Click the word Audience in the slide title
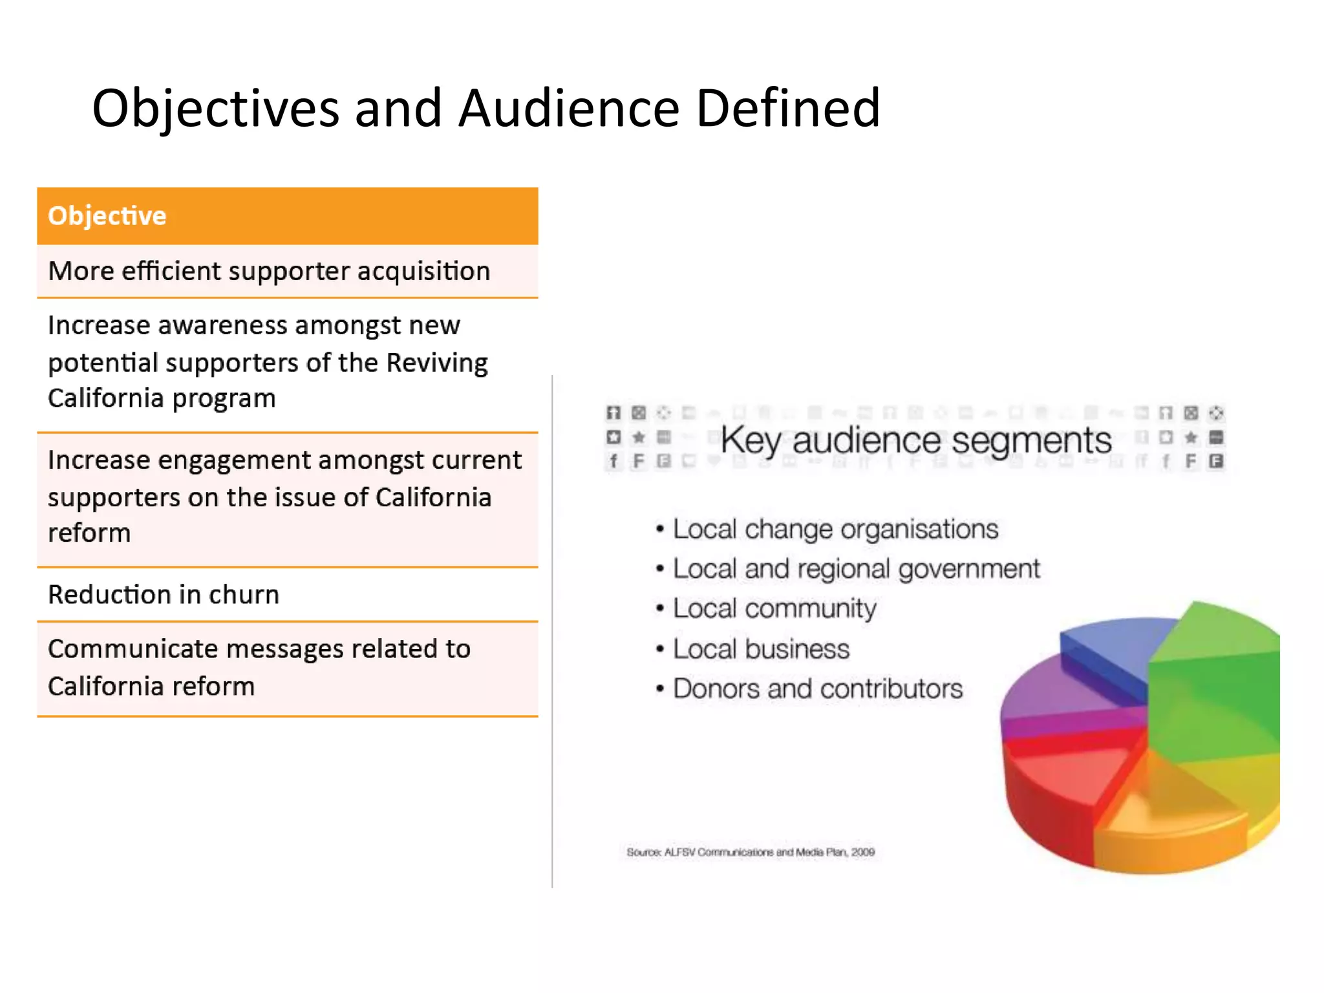pyautogui.click(x=569, y=109)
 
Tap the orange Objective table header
pyautogui.click(x=287, y=216)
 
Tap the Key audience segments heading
pyautogui.click(x=915, y=441)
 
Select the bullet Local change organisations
pyautogui.click(x=835, y=529)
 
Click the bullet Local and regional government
pyautogui.click(x=856, y=569)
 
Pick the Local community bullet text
pyautogui.click(x=774, y=608)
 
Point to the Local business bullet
pyautogui.click(x=761, y=649)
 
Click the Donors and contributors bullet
pyautogui.click(x=817, y=689)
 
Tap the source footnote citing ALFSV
pyautogui.click(x=750, y=852)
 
